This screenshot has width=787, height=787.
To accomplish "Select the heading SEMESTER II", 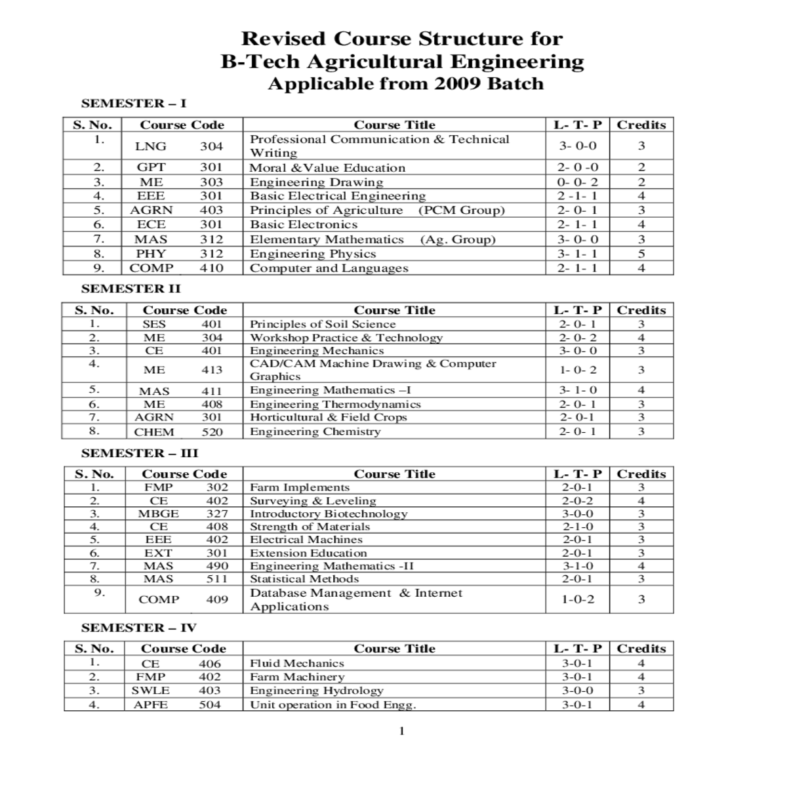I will point(131,289).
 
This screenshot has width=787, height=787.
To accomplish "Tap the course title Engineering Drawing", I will point(316,182).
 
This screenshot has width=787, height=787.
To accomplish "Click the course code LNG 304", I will point(178,146).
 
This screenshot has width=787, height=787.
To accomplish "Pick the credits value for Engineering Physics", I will point(641,254).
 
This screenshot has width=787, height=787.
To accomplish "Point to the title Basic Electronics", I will point(303,224).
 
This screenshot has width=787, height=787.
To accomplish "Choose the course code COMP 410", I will point(176,268).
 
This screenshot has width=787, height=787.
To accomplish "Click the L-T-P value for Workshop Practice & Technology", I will point(577,338).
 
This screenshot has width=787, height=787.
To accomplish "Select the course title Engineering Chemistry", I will point(315,432).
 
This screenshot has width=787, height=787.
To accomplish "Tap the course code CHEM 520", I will point(178,432).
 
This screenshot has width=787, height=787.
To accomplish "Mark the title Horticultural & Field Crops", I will point(328,417).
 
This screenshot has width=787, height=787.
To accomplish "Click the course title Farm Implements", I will point(299,487).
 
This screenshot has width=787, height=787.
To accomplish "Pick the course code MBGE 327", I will point(183,514).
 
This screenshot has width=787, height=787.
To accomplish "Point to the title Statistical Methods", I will point(304,579).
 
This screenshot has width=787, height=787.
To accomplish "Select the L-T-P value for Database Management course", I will point(577,599).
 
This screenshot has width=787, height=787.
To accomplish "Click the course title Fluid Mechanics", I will point(296,663).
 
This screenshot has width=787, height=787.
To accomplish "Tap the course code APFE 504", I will point(177,705).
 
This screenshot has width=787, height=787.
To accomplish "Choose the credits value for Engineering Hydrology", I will point(641,691).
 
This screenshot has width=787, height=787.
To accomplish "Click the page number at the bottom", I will point(402,731).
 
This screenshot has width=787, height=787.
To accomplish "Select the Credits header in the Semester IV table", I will point(641,649).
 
